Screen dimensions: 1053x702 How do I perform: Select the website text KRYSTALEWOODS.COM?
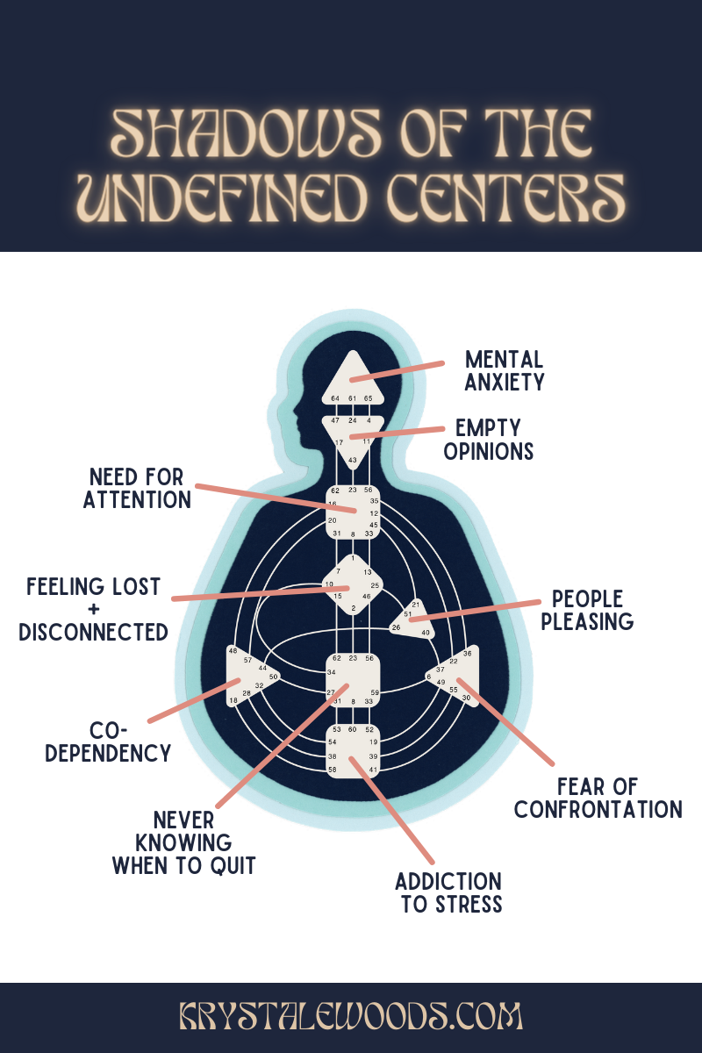(x=351, y=1017)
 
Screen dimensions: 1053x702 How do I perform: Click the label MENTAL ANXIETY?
(x=505, y=371)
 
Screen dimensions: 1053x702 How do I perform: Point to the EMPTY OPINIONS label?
(x=489, y=440)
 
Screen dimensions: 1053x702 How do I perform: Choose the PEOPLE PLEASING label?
(x=587, y=610)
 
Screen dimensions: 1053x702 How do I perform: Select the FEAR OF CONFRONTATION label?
(x=598, y=798)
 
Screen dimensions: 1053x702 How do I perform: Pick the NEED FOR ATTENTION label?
(x=137, y=489)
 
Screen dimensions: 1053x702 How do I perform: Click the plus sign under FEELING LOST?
(x=93, y=609)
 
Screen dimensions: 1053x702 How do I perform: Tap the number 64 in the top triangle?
(x=335, y=399)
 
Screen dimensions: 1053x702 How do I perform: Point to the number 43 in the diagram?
(x=352, y=461)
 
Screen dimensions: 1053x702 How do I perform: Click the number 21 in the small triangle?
(x=416, y=605)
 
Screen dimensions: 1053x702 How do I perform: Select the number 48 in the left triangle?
(x=233, y=651)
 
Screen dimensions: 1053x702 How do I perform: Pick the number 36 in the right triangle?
(x=468, y=653)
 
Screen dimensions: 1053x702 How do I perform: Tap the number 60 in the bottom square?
(x=352, y=729)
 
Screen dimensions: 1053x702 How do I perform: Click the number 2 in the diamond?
(x=353, y=608)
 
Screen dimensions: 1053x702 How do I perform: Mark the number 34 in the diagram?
(x=332, y=672)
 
